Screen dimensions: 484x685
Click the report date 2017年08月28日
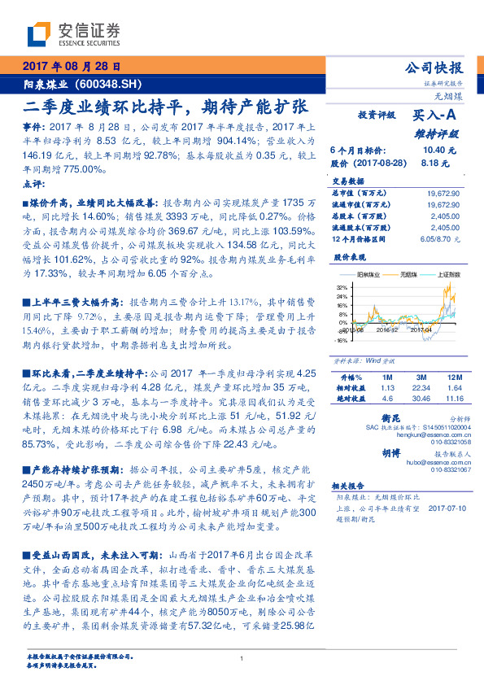point(69,65)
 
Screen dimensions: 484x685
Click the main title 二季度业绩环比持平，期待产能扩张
point(164,107)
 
